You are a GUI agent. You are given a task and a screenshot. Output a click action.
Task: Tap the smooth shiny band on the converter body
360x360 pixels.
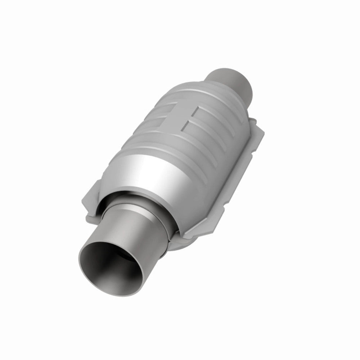click(151, 169)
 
